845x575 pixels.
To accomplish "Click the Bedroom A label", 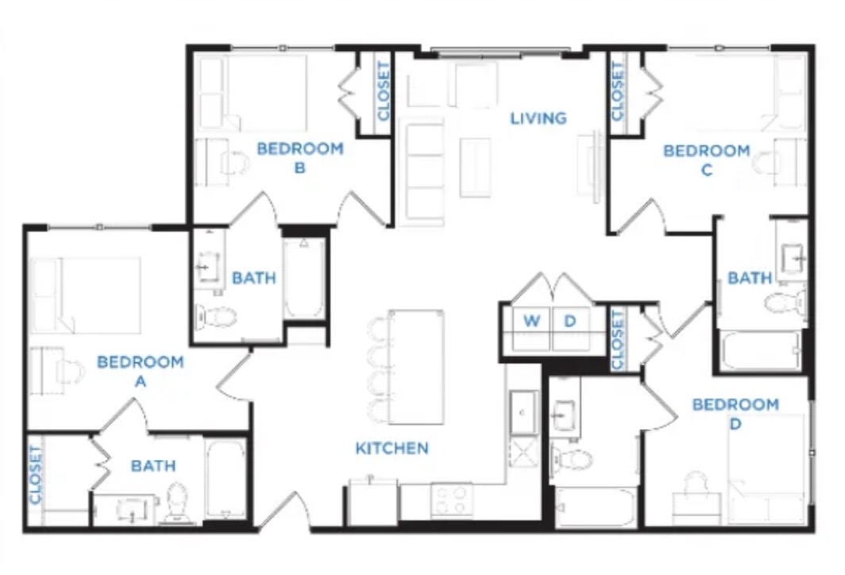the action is coord(140,372).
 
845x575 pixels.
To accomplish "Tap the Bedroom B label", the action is coord(300,158).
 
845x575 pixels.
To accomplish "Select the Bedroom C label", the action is coord(707,160).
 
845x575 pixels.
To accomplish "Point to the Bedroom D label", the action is coord(735,414).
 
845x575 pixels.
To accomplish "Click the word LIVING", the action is coord(538,118).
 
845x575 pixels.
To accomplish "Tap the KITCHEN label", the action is coord(392,448).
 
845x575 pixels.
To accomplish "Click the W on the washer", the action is coord(531,321).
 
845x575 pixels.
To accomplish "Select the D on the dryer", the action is coord(569,321).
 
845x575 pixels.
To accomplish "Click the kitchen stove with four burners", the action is coord(452,500).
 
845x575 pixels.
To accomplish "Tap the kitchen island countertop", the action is coord(416,367).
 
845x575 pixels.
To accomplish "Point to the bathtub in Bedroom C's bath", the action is coord(762,351).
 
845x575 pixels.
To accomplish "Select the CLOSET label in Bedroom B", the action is coord(383,91).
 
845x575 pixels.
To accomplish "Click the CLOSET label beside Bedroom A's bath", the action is coord(36,475).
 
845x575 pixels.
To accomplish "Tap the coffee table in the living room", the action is coord(475,168).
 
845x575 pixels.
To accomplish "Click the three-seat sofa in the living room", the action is coord(424,172).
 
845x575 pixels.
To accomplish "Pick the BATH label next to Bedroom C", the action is coord(750,278).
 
